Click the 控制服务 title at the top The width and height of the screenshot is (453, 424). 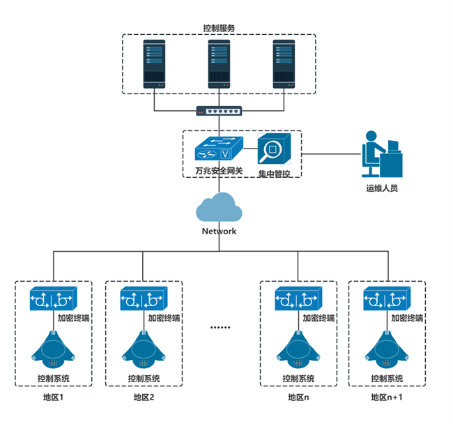click(x=218, y=29)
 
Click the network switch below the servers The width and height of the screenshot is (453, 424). click(x=219, y=111)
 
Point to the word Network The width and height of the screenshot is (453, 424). click(x=219, y=231)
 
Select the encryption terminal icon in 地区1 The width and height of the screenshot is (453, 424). click(x=52, y=299)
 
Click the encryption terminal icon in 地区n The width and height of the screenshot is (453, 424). click(x=297, y=299)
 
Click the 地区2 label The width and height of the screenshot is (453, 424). click(x=144, y=398)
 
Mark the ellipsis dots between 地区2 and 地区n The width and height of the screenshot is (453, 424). click(x=220, y=326)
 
